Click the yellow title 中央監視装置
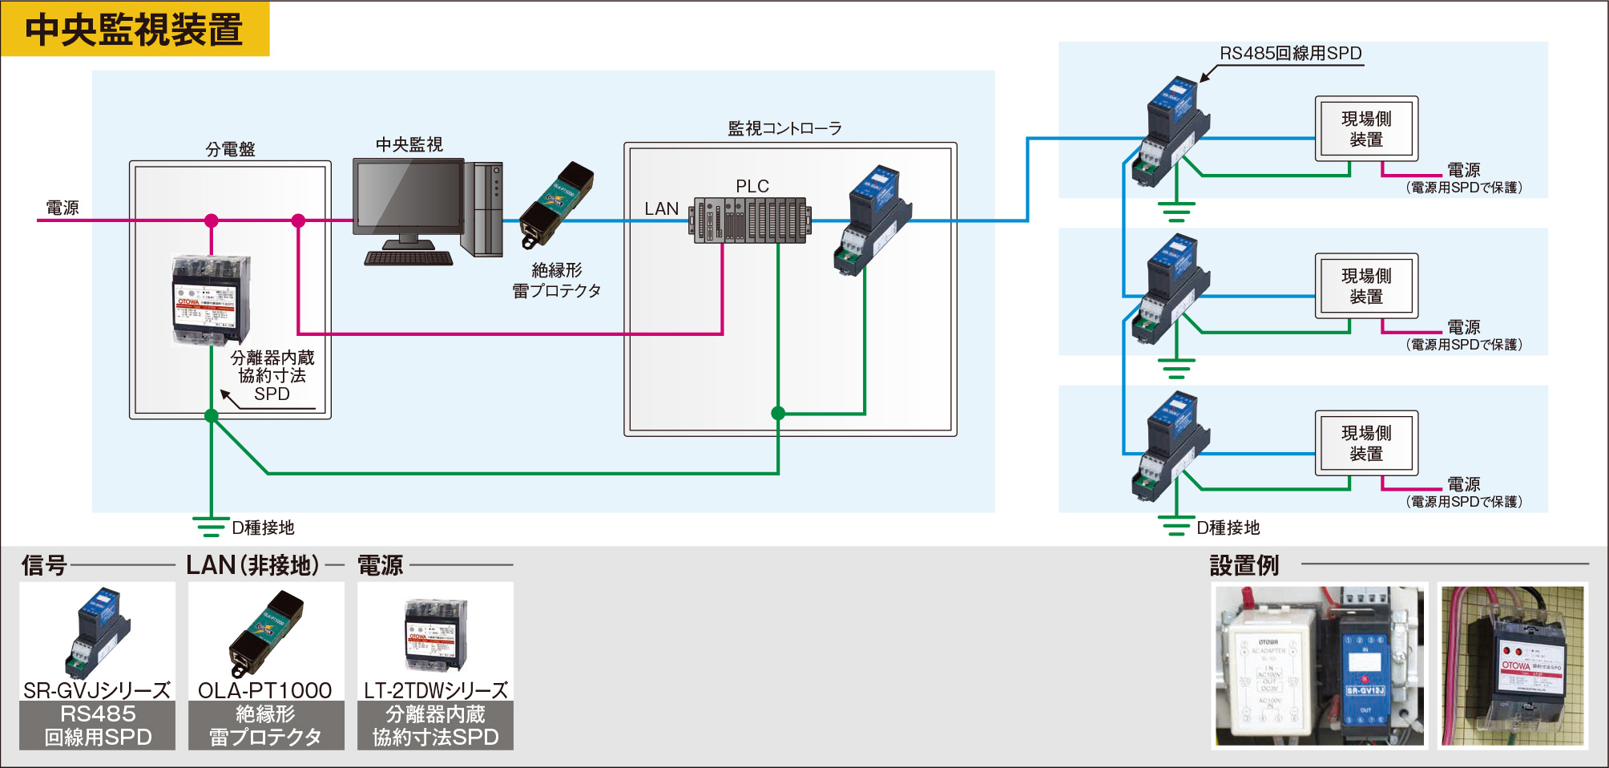click(134, 30)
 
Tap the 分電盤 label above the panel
click(230, 149)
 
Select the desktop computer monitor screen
click(409, 196)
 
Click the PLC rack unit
click(751, 220)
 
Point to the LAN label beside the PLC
click(661, 208)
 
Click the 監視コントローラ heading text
click(784, 128)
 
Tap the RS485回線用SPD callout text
click(1290, 54)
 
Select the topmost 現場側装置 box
click(1366, 129)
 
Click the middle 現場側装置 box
click(1366, 286)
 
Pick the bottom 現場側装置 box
click(1366, 443)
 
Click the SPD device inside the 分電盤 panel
click(211, 299)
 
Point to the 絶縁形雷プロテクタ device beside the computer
click(556, 204)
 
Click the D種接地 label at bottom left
click(263, 527)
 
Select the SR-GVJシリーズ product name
click(97, 690)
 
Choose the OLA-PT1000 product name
click(265, 690)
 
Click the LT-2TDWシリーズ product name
click(435, 690)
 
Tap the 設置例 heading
click(1244, 565)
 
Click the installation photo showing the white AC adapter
click(1319, 665)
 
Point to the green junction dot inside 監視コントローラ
click(777, 414)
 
